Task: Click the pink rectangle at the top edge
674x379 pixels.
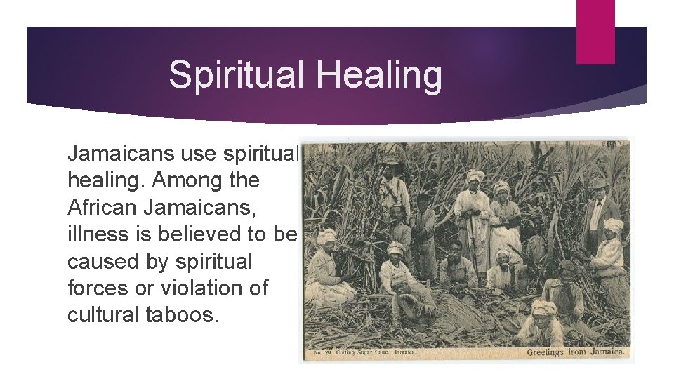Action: pos(595,31)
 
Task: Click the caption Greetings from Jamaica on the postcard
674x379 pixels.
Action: pos(575,351)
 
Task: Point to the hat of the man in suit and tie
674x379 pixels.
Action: pos(598,182)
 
